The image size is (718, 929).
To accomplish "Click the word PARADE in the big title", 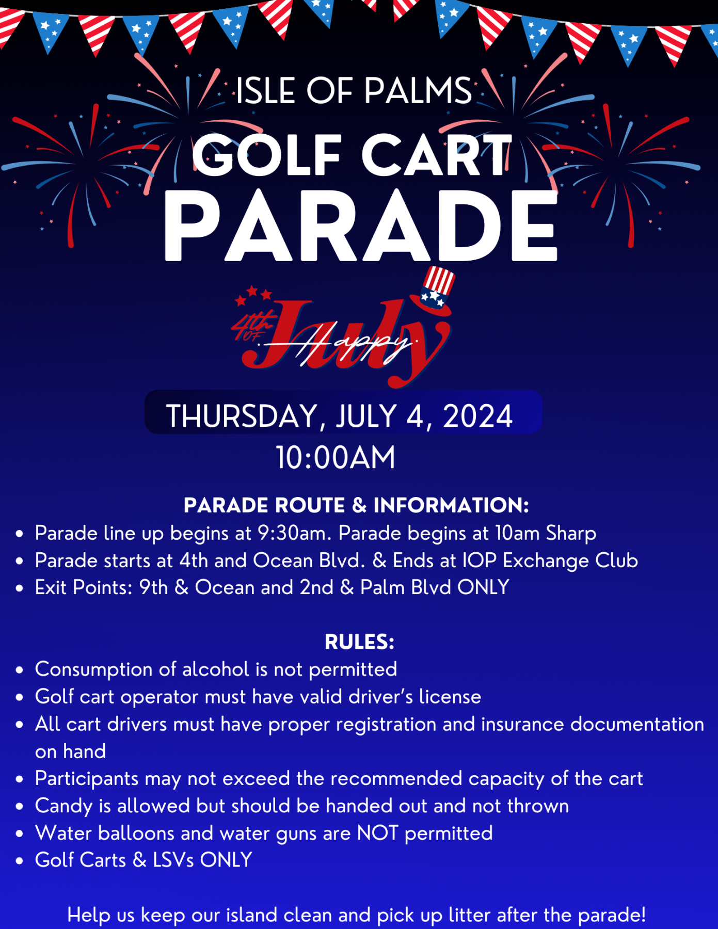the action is click(x=361, y=226).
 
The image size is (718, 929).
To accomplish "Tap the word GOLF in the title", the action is click(x=267, y=155).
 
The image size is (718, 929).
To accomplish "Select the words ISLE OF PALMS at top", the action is click(x=354, y=91).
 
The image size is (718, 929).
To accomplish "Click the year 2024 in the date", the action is click(x=477, y=416).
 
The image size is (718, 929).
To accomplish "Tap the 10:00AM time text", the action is click(x=336, y=457).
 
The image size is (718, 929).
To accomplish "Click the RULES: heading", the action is click(x=359, y=642).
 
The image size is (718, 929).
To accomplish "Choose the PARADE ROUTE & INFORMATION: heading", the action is click(x=356, y=505).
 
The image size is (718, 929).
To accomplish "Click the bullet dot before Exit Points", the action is click(x=20, y=588).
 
